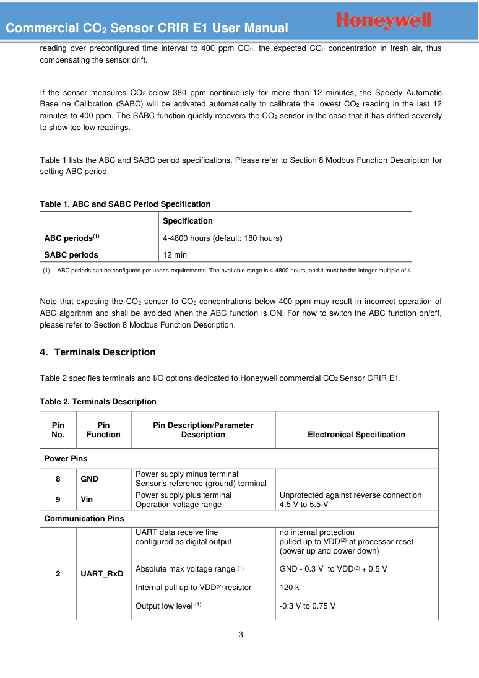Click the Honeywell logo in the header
[384, 20]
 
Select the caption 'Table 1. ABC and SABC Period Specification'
[125, 204]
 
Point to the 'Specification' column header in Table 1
[188, 221]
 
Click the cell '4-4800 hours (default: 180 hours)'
[222, 238]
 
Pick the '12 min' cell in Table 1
[175, 254]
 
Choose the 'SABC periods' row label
[71, 254]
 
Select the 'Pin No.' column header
[58, 430]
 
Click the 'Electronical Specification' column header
[356, 435]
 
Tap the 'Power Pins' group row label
[66, 459]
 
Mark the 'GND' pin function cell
[90, 479]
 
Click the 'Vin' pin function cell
[87, 499]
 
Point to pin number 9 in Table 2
[58, 499]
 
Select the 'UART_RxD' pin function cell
[102, 574]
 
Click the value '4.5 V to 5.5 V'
[304, 504]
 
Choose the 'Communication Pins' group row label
[84, 518]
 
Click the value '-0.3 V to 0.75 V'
[308, 606]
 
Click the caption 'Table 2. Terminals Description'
[98, 402]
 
